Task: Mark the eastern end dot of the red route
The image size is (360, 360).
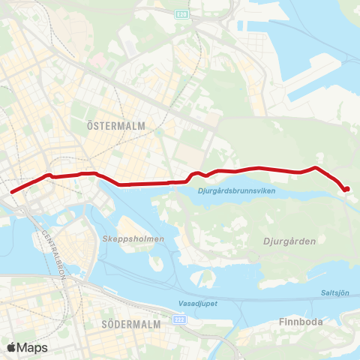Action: pyautogui.click(x=347, y=189)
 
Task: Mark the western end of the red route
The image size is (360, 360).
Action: pyautogui.click(x=11, y=192)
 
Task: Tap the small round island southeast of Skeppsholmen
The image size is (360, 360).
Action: pyautogui.click(x=156, y=263)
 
